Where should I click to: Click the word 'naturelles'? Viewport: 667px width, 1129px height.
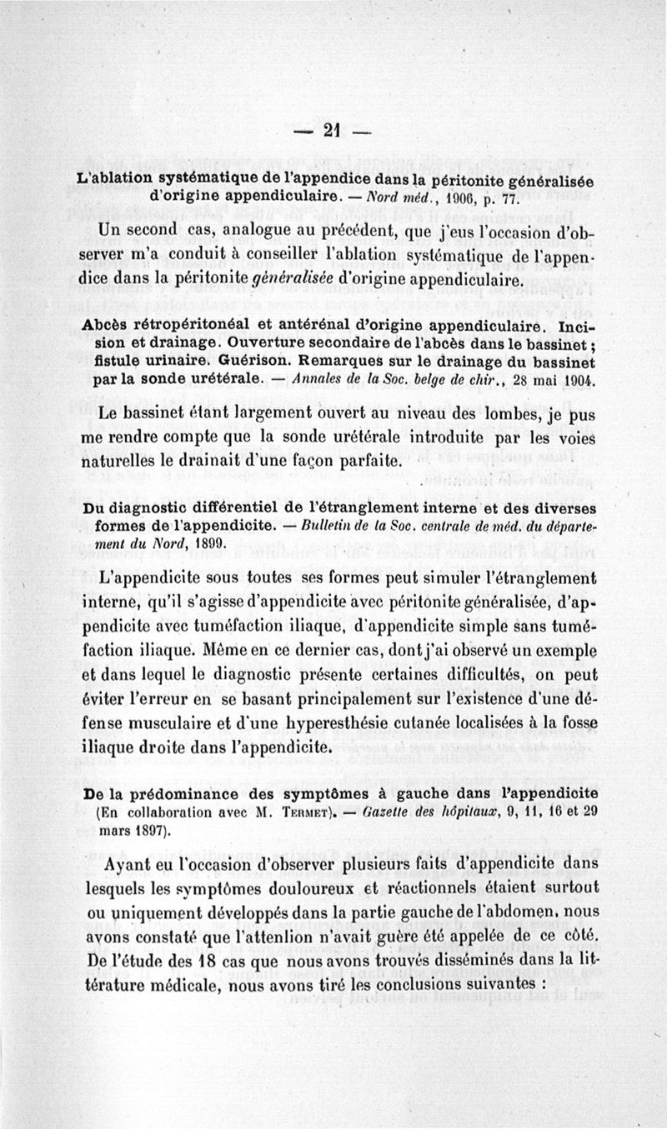point(123,459)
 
